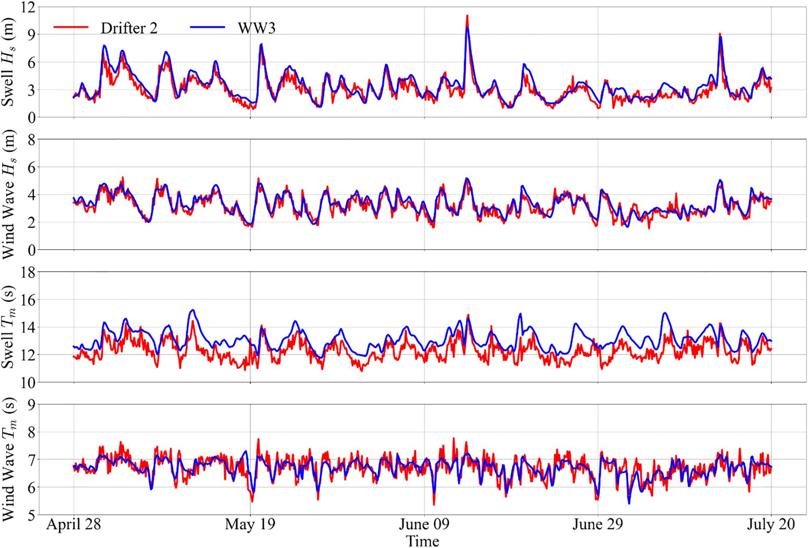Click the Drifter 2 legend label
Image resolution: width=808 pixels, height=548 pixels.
pyautogui.click(x=129, y=28)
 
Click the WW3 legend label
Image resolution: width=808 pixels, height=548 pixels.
pyautogui.click(x=257, y=28)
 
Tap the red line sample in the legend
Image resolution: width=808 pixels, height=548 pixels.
pyautogui.click(x=71, y=27)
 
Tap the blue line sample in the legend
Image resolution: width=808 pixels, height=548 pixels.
pyautogui.click(x=207, y=27)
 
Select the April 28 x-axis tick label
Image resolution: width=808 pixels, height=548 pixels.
pyautogui.click(x=74, y=524)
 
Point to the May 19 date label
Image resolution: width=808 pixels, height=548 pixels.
pyautogui.click(x=250, y=524)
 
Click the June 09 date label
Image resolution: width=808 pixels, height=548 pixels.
pyautogui.click(x=424, y=524)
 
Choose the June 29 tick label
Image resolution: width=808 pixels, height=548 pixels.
pyautogui.click(x=598, y=524)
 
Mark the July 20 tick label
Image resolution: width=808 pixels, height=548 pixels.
pyautogui.click(x=771, y=524)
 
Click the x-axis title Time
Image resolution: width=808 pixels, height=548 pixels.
pyautogui.click(x=422, y=541)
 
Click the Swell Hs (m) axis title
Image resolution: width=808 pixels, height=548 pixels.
pyautogui.click(x=9, y=62)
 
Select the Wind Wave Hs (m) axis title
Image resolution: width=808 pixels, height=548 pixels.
pyautogui.click(x=9, y=194)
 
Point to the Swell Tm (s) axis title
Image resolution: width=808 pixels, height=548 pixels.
pyautogui.click(x=9, y=327)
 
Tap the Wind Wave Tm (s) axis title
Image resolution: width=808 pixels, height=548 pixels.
pyautogui.click(x=9, y=459)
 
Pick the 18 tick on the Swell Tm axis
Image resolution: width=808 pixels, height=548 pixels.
pyautogui.click(x=27, y=273)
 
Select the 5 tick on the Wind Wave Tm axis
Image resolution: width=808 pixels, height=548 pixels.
pyautogui.click(x=31, y=516)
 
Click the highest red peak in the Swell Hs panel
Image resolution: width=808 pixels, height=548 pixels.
pyautogui.click(x=467, y=16)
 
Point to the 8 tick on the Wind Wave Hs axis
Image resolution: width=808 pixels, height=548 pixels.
pyautogui.click(x=31, y=140)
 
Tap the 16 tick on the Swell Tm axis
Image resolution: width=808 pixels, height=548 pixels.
pyautogui.click(x=27, y=300)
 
